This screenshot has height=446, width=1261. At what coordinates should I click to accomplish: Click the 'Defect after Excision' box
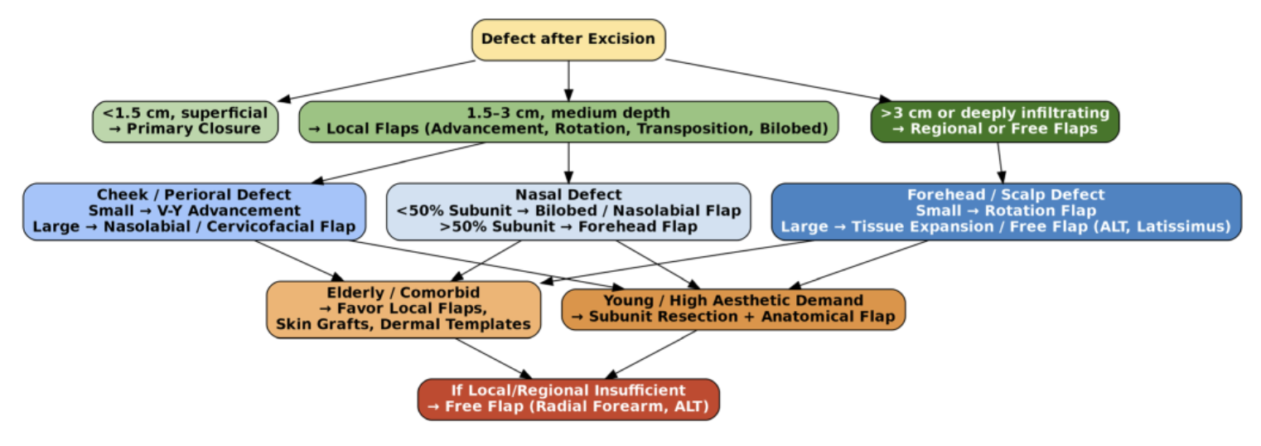point(568,39)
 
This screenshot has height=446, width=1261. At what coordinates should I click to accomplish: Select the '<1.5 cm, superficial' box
point(185,121)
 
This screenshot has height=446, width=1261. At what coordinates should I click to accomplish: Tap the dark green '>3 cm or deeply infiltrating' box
point(994,121)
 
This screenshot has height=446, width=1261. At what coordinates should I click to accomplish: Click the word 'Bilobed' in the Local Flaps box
point(796,128)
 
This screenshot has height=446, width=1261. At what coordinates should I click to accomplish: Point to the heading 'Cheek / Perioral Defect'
point(194,195)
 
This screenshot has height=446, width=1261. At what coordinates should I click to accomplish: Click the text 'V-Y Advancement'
point(225,211)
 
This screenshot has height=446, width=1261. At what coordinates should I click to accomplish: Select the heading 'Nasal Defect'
point(568,195)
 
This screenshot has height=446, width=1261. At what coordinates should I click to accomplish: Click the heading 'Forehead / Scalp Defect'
point(1005,195)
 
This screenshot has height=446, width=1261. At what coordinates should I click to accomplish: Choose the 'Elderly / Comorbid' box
point(403,308)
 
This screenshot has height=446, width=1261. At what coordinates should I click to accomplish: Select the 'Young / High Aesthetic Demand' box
point(733,308)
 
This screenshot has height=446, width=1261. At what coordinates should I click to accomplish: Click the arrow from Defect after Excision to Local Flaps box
point(568,80)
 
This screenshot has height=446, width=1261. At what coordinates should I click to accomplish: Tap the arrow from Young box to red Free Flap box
point(647,354)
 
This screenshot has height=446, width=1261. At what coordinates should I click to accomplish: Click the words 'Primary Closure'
point(193,129)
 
